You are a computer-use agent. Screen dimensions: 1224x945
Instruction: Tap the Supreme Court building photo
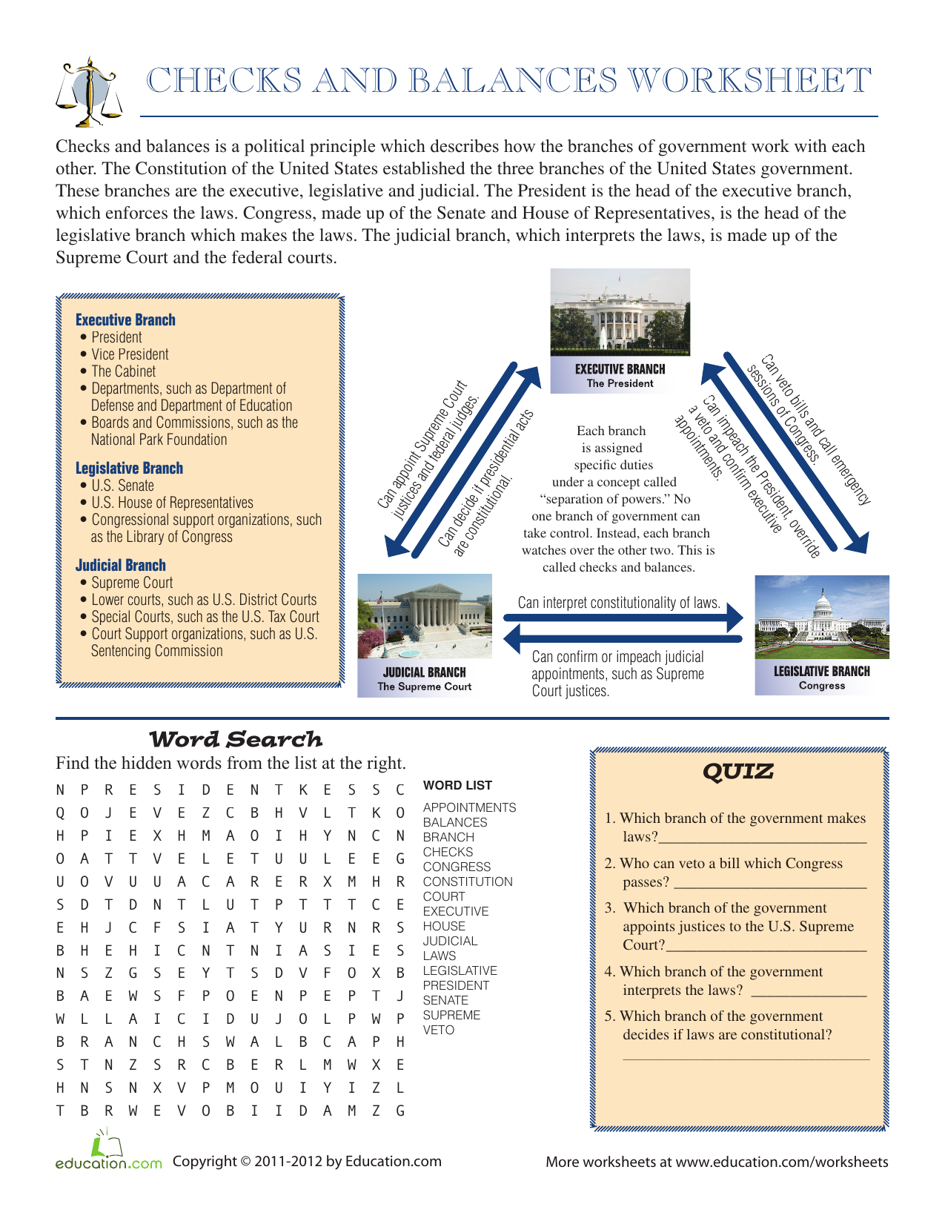pos(425,615)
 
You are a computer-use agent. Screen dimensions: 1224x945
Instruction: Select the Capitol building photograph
pos(821,617)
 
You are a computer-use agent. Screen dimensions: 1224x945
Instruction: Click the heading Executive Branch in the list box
pos(125,320)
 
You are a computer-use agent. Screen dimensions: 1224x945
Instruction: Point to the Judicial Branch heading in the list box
pos(120,566)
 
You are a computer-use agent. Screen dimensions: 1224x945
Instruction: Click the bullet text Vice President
pos(130,354)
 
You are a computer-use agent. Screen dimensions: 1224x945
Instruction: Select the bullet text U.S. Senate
pos(122,486)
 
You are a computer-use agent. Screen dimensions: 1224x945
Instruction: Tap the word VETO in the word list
pos(438,1030)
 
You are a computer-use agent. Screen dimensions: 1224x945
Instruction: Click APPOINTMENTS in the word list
pos(469,807)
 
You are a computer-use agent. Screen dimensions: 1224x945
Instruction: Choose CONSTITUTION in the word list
pos(467,881)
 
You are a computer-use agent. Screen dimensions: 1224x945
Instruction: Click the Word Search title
pos(236,739)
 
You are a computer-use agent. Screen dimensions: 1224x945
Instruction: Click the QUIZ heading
pos(737,772)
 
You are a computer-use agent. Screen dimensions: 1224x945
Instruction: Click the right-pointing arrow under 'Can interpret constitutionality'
pos(623,618)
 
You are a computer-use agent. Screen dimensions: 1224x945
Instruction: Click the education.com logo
pos(108,1154)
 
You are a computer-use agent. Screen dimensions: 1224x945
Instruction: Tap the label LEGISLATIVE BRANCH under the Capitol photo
pos(821,671)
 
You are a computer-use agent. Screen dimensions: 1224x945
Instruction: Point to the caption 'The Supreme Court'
pos(424,687)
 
